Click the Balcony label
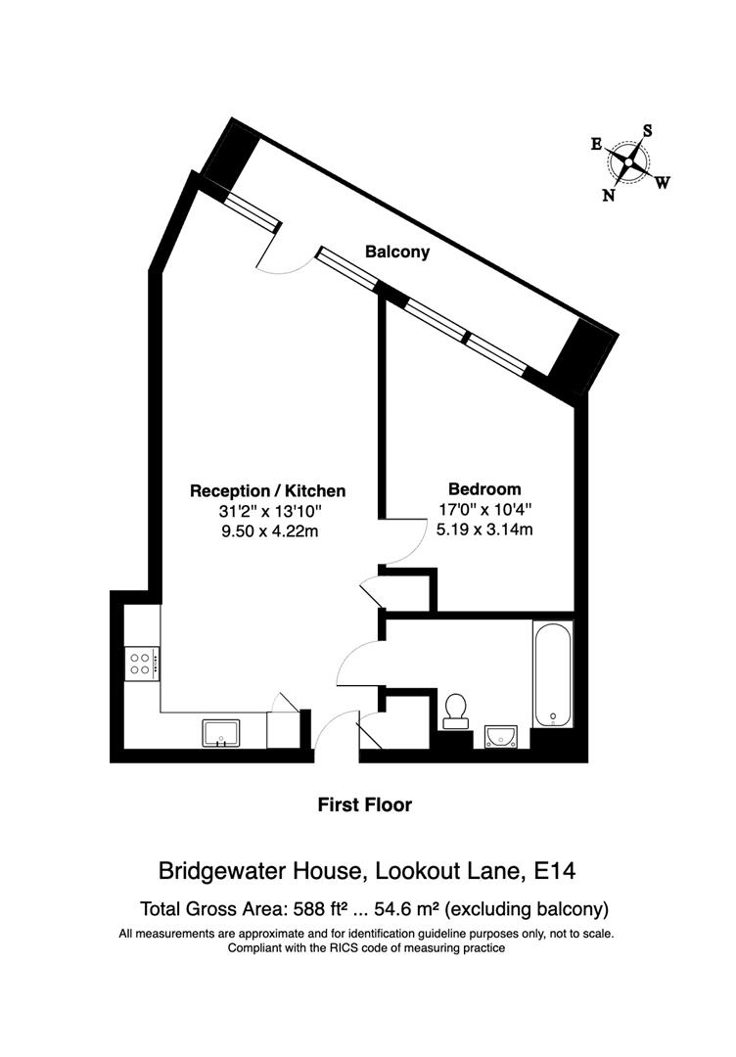click(x=397, y=252)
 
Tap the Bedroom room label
click(x=484, y=488)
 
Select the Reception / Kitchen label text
click(x=267, y=490)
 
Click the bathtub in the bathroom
click(x=553, y=674)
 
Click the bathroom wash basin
click(x=501, y=735)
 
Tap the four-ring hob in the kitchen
click(x=142, y=665)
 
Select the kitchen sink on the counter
click(x=221, y=731)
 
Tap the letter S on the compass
click(x=647, y=130)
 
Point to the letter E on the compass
click(x=595, y=144)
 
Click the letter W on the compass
click(x=663, y=182)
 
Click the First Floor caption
click(x=365, y=805)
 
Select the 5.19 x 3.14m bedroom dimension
click(x=484, y=529)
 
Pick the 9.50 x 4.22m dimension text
click(x=267, y=531)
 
